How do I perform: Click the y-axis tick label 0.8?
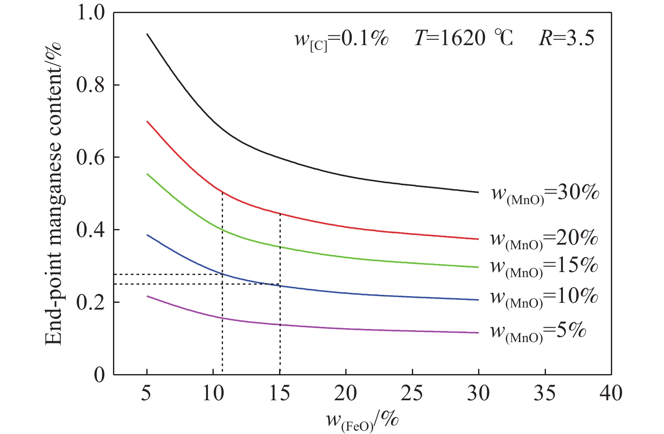(x=90, y=85)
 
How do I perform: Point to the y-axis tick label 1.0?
(x=90, y=13)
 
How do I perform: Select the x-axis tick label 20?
(x=346, y=393)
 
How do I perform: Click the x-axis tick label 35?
(x=545, y=393)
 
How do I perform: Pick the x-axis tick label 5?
(x=146, y=393)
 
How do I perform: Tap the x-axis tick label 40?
(x=611, y=393)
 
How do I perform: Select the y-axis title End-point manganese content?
(x=54, y=193)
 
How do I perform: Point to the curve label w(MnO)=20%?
(x=544, y=239)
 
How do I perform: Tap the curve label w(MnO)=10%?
(x=544, y=297)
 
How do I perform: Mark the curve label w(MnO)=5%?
(x=538, y=331)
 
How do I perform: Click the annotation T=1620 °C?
(x=464, y=38)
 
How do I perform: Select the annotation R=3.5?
(x=566, y=38)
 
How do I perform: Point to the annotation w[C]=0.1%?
(x=341, y=40)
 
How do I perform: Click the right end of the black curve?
(x=479, y=192)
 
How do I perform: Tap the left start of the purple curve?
(x=147, y=296)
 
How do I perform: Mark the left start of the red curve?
(x=147, y=121)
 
